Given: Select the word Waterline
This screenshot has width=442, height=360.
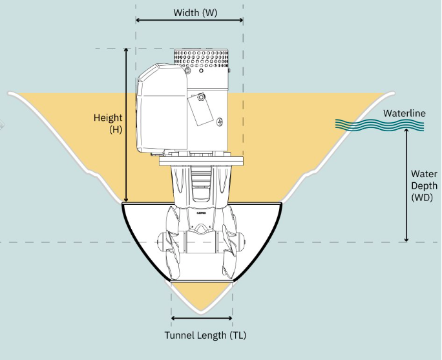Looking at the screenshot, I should pos(404,114).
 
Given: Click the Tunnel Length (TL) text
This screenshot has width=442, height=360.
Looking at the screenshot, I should pos(205,335).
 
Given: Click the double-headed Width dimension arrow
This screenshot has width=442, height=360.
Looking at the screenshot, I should pos(189,21).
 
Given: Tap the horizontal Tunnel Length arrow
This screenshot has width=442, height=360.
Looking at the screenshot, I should pos(202,318).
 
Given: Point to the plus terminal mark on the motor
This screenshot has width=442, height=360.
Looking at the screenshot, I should pos(220,121).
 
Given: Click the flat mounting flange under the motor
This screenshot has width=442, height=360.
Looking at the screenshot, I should pos(200,160).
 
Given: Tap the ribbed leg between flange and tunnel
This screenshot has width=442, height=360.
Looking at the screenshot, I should pos(201,184).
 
